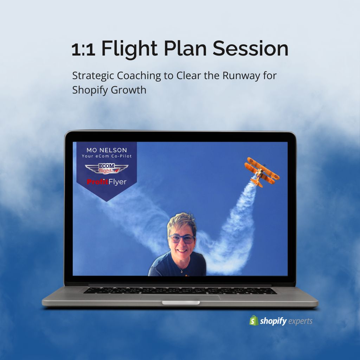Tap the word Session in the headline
[x=250, y=49]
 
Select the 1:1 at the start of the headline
[x=83, y=50]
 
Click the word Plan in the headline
[x=185, y=49]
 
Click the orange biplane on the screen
[x=262, y=172]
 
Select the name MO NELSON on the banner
[x=107, y=150]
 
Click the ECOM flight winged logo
[x=107, y=168]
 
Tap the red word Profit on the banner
[x=97, y=182]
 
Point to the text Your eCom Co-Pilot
[x=107, y=156]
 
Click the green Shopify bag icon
[x=254, y=321]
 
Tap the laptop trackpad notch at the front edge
[x=181, y=303]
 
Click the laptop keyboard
[x=180, y=291]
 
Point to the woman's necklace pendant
[x=181, y=272]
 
